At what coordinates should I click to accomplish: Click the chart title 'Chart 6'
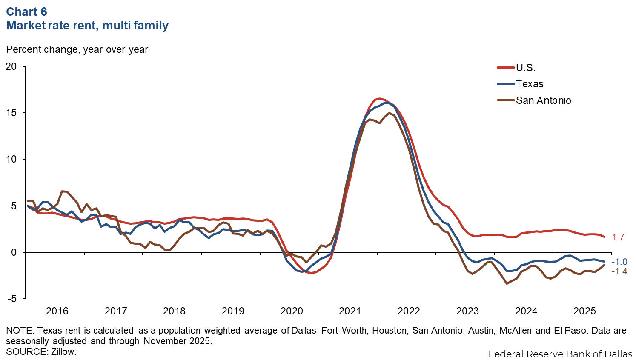[26, 11]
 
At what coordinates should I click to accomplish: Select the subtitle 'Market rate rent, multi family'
[87, 26]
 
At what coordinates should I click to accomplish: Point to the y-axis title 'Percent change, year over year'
[77, 49]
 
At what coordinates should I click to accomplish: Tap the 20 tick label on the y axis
[11, 66]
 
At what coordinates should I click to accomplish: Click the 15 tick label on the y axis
[11, 113]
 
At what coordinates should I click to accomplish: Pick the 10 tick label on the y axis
[11, 159]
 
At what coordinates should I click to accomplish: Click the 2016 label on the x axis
[57, 311]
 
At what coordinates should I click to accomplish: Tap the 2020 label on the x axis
[292, 311]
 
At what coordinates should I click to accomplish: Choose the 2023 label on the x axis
[467, 311]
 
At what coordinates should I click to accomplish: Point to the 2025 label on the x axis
[584, 311]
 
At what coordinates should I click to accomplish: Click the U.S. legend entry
[525, 68]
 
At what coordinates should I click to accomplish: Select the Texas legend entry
[530, 84]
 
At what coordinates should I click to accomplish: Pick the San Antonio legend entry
[543, 100]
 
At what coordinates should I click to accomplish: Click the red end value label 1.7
[618, 237]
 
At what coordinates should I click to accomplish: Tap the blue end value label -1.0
[619, 262]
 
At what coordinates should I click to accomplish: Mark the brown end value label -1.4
[619, 271]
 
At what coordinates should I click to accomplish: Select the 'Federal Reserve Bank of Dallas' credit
[560, 354]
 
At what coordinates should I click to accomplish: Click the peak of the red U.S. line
[380, 99]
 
